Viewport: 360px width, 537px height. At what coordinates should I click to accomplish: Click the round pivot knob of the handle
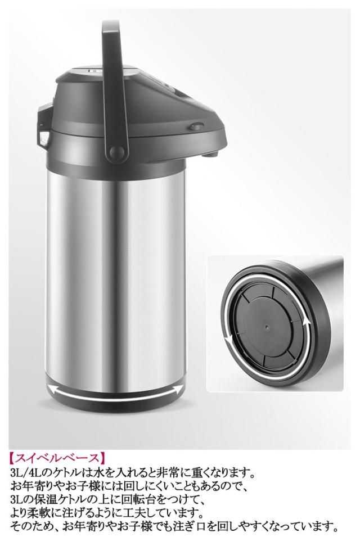(x=117, y=151)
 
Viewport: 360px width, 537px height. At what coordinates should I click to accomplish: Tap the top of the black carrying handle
(x=111, y=25)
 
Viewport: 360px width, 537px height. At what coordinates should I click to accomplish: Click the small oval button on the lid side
(x=195, y=127)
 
